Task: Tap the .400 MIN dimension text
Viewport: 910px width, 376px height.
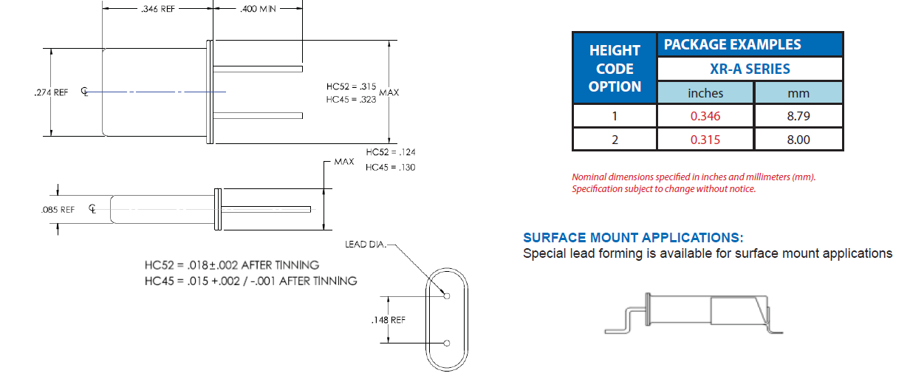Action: coord(257,10)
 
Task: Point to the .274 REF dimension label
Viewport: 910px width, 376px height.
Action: coord(51,92)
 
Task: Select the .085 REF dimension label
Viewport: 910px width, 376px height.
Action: coord(58,209)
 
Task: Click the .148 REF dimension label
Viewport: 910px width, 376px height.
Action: coord(388,320)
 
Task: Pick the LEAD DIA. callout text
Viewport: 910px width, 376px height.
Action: coord(366,244)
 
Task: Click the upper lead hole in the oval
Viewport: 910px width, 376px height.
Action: coord(447,297)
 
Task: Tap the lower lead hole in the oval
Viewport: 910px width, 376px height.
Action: coord(447,343)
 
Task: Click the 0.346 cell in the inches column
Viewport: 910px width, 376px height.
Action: coord(705,116)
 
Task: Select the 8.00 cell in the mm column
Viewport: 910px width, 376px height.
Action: coord(798,140)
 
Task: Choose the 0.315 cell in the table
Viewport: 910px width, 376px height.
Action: coord(705,140)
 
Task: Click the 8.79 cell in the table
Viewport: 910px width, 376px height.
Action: coord(798,116)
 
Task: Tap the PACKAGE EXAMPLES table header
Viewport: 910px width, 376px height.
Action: coord(732,44)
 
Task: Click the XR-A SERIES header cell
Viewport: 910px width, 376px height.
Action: coord(749,69)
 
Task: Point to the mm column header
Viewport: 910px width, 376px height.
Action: coord(798,93)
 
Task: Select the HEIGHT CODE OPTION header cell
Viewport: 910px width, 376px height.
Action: coord(615,69)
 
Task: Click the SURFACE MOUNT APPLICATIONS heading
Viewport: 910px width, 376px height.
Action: coord(633,238)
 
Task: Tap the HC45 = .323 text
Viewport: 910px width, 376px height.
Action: coord(351,98)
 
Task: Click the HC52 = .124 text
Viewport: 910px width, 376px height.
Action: coord(390,151)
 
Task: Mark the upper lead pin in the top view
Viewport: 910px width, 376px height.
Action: coord(259,69)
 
